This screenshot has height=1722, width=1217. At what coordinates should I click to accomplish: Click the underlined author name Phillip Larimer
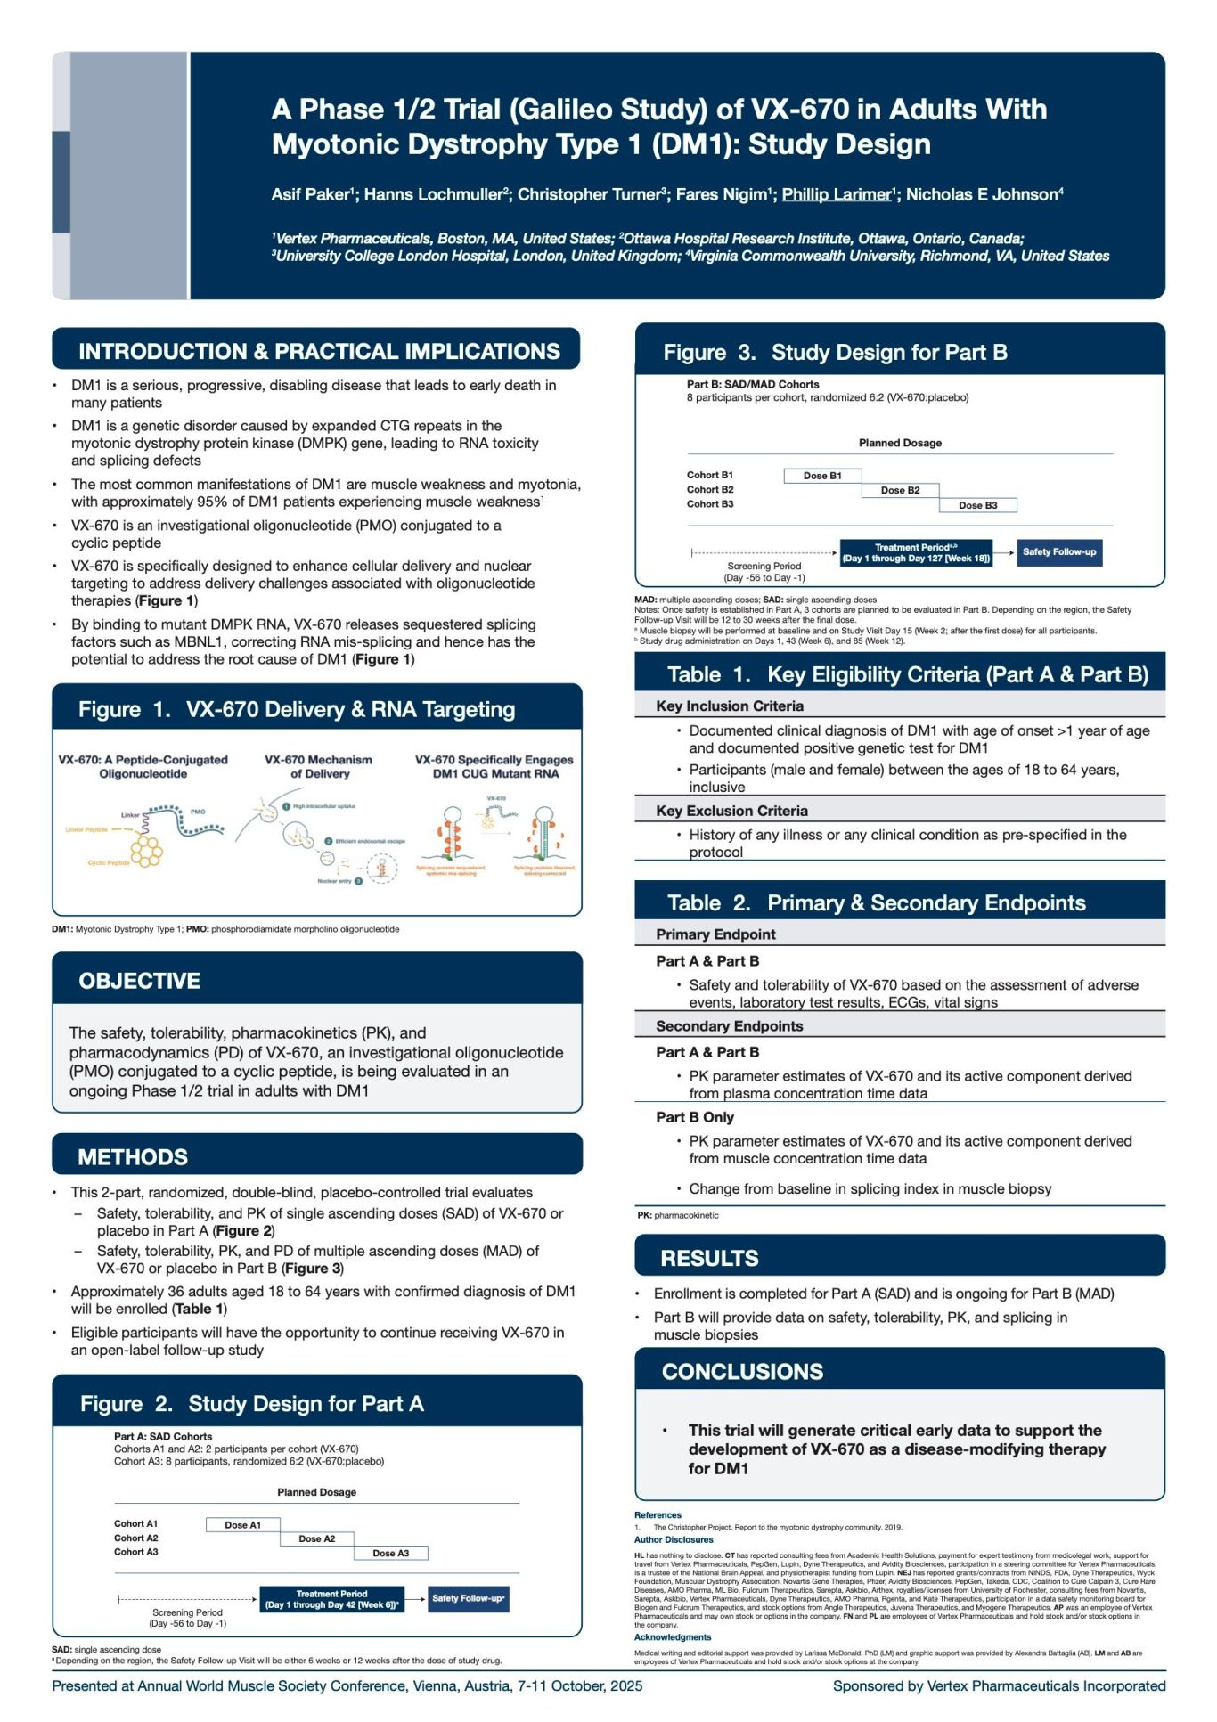pos(836,194)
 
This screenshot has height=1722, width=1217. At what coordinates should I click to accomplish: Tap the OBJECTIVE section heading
pos(139,981)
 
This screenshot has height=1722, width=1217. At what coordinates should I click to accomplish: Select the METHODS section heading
pos(133,1157)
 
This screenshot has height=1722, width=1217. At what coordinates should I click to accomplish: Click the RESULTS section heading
pos(709,1258)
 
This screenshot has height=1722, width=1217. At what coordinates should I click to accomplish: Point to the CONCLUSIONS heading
pos(742,1371)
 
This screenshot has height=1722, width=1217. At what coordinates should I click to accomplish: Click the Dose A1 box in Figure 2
pos(242,1525)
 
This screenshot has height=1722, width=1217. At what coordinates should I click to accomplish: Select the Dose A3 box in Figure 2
pos(390,1553)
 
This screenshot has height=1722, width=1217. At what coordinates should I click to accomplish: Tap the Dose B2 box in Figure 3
pos(900,490)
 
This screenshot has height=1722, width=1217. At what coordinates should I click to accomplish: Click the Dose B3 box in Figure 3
pos(977,505)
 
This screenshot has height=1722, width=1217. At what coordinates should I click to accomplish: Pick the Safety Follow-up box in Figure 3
pos(1058,552)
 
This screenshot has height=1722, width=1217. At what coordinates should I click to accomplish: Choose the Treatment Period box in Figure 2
pos(331,1599)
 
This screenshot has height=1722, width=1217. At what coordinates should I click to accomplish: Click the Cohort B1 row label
pos(709,476)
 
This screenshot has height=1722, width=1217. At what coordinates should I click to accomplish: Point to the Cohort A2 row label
pos(135,1538)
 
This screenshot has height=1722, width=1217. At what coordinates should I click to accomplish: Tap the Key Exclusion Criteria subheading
pos(731,811)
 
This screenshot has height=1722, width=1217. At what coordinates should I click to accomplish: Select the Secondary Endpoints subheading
pos(729,1026)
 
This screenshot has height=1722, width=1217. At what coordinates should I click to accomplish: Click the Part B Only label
pos(695,1117)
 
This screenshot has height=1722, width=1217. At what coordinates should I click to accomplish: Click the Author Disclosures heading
pos(673,1540)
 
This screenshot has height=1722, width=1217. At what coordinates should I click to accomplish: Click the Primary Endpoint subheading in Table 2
pos(715,934)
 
